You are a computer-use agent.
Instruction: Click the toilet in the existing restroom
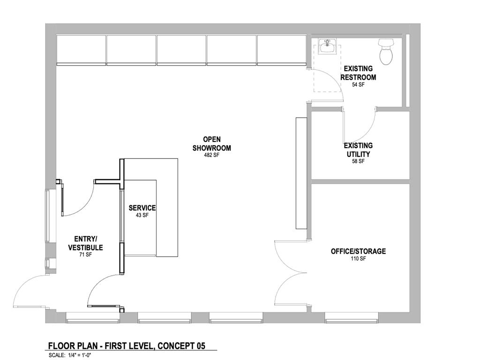click(x=386, y=51)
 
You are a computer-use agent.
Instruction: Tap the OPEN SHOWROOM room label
click(x=212, y=143)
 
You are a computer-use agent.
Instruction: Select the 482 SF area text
click(x=212, y=155)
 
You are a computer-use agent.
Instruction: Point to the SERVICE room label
click(x=142, y=208)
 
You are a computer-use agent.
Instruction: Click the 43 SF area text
click(x=142, y=215)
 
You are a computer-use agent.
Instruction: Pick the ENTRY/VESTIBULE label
click(x=85, y=243)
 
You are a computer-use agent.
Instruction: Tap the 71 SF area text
click(x=85, y=255)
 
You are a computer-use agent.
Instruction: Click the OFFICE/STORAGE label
click(x=358, y=251)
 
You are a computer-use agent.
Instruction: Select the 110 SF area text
click(x=358, y=259)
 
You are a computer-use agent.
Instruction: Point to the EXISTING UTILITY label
click(x=358, y=150)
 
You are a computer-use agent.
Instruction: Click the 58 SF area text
click(x=358, y=161)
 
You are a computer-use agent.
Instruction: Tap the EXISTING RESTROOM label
click(x=358, y=73)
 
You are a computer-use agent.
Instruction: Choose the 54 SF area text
click(x=358, y=85)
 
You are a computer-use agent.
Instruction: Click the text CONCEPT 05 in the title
click(x=181, y=346)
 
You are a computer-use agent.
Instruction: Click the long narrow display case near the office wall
click(x=300, y=173)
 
